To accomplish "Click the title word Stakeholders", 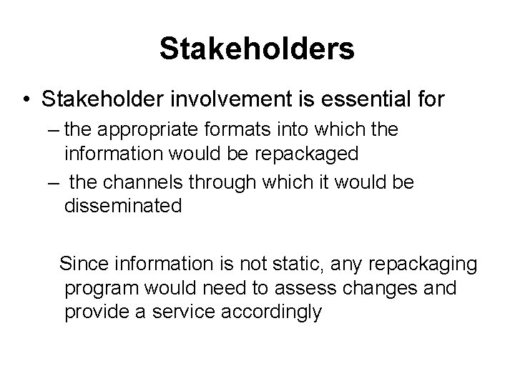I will tap(257, 49).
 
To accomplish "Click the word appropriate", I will tap(160, 132).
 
